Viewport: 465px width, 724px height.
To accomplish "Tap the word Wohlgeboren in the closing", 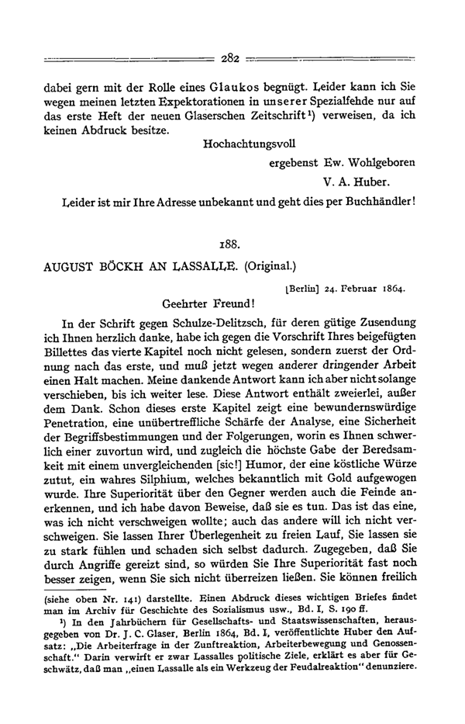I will (x=377, y=164).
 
